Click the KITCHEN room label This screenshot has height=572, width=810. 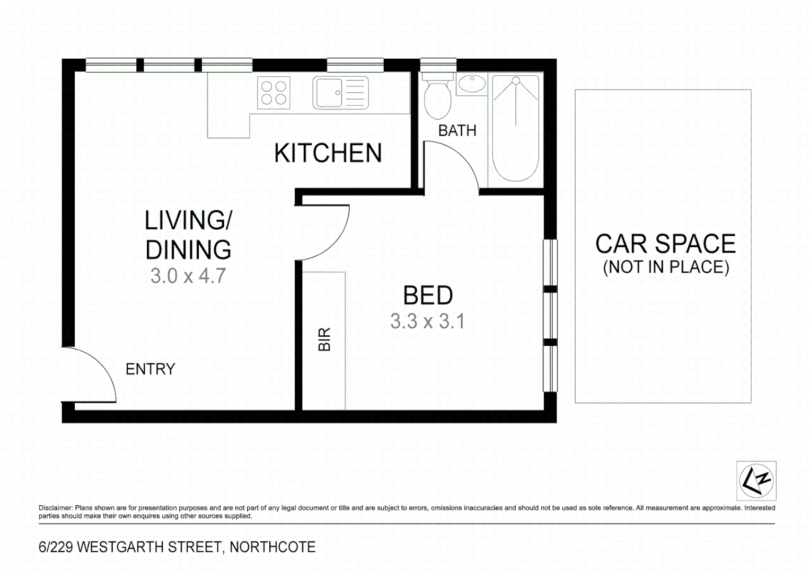[x=328, y=153]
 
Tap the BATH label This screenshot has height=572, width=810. [x=457, y=130]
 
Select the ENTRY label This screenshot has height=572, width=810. [x=150, y=369]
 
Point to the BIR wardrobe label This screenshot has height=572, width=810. [x=324, y=339]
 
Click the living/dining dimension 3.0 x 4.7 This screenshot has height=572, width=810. [x=188, y=276]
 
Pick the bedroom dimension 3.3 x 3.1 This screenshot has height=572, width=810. [x=427, y=321]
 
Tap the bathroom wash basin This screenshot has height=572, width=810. [x=471, y=84]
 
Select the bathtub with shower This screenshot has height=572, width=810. [x=516, y=128]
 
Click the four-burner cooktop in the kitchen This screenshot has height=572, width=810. [x=274, y=93]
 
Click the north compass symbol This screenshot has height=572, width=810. [x=756, y=481]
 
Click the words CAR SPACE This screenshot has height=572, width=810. [x=665, y=244]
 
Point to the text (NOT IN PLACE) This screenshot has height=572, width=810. [x=666, y=267]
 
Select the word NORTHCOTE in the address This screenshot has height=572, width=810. [x=272, y=547]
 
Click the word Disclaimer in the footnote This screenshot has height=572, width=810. [x=55, y=508]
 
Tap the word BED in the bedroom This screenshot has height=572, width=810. [x=428, y=296]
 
